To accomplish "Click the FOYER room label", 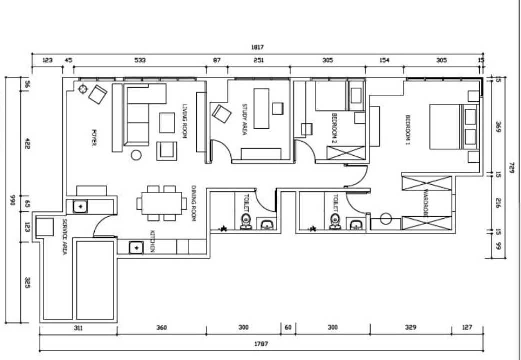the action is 94,137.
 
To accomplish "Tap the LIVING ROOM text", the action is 185,121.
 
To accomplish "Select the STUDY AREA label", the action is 244,119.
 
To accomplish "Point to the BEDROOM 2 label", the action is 335,128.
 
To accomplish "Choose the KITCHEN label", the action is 152,241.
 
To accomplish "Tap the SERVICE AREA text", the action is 65,236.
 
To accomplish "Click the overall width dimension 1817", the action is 257,47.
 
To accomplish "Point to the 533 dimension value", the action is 140,60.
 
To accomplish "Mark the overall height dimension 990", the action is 13,200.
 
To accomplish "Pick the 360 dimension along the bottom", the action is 162,328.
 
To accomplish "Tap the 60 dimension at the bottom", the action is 288,328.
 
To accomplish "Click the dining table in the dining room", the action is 162,203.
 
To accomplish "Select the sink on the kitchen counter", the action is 136,247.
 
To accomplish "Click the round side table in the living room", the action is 136,155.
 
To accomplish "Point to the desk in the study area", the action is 261,108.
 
